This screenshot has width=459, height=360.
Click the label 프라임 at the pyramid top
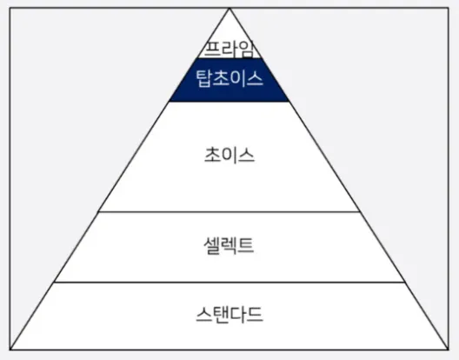tap(229, 49)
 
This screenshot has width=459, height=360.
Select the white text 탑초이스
tap(229, 78)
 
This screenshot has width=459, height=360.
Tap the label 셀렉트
tap(229, 245)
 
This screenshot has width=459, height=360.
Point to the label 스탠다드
tap(229, 314)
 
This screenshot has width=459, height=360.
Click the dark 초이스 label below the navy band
tap(229, 155)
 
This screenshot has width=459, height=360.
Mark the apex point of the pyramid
tap(229, 9)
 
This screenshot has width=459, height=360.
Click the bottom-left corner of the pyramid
tap(10, 350)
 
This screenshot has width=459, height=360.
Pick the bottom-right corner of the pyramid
tap(448, 350)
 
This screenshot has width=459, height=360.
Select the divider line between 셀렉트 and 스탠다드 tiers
tap(229, 283)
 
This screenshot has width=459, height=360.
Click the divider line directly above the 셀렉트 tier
tap(229, 211)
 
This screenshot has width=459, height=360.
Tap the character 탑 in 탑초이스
tap(203, 78)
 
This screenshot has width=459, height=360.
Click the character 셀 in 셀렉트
tap(211, 245)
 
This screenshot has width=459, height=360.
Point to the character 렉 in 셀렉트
tap(229, 245)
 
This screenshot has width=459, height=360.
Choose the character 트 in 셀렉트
tap(245, 245)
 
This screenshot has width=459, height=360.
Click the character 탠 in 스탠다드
tap(221, 314)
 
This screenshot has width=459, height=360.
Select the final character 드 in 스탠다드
tap(255, 314)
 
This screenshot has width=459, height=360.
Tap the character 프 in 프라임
tap(212, 50)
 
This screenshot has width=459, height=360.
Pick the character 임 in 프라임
tap(245, 49)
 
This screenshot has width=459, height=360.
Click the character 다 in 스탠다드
tap(237, 314)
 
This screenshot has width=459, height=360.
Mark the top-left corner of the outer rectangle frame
tap(10, 8)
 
